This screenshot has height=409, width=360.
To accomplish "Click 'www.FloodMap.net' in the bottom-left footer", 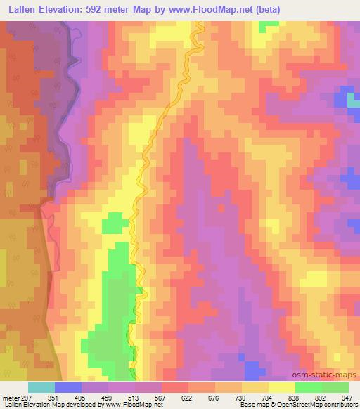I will point(136,404).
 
